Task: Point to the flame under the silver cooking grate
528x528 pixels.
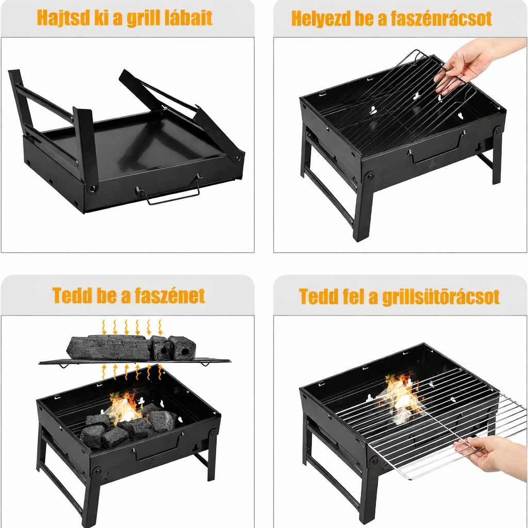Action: tap(401, 398)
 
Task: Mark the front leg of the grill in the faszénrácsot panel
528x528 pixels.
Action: tap(364, 209)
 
